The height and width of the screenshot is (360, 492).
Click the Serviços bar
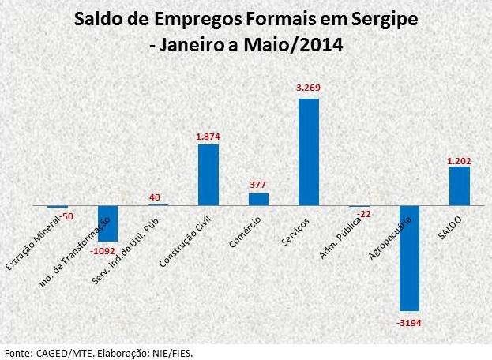[x=309, y=152]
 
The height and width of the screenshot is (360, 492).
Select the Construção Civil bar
[x=208, y=174]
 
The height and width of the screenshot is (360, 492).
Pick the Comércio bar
[x=258, y=199]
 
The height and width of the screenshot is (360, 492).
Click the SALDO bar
[x=460, y=186]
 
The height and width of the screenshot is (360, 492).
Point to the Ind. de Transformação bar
[x=108, y=223]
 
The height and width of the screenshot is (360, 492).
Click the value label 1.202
[x=459, y=160]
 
